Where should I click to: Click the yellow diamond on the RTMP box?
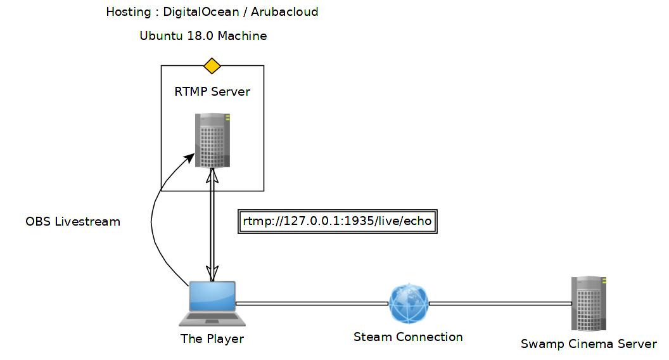(212, 65)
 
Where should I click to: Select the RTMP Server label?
(212, 92)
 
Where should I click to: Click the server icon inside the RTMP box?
(212, 140)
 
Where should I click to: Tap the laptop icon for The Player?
(208, 303)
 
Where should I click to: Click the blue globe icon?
(409, 303)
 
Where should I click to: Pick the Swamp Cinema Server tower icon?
(589, 303)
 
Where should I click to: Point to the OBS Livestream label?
(73, 222)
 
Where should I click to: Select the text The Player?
(212, 339)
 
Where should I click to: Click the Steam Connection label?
(408, 337)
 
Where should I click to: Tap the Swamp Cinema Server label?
(589, 344)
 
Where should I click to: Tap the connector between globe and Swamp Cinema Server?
(500, 304)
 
